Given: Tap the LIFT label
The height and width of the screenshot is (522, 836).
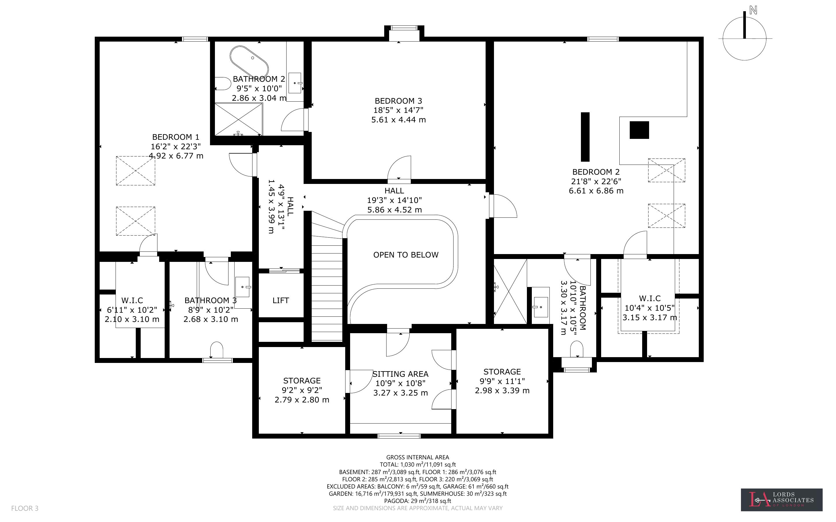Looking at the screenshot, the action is coord(280,300).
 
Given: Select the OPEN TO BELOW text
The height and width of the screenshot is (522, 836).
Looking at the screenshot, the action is coord(406,255).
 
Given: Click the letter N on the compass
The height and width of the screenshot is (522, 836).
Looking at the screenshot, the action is coord(753,10).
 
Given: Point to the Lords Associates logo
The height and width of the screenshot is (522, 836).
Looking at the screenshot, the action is coord(781,499).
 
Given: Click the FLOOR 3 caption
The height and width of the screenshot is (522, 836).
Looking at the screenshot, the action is coord(25,508).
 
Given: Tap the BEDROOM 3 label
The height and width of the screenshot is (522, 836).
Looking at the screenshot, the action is coord(398,101).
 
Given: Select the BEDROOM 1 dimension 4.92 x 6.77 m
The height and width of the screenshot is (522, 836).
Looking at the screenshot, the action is coord(176,156).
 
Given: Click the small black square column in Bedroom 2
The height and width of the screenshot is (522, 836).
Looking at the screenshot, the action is coord(639,130).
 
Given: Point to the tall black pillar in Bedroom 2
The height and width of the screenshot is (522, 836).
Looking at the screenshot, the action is coord(585,137).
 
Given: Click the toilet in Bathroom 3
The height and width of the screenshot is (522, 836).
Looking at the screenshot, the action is coord(216,350).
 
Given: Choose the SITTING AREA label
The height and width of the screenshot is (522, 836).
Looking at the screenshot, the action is coord(401,374).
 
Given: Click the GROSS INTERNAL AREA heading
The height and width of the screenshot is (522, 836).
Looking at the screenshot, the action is coord(417,457).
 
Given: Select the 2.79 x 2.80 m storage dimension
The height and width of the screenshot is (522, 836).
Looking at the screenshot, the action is coord(302,400).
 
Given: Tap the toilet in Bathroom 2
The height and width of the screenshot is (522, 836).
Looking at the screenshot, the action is coord(223,83).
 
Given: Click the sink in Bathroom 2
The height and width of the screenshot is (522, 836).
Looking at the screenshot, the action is coord(295,83).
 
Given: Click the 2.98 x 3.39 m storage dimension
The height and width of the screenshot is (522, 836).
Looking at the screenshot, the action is coord(502,390).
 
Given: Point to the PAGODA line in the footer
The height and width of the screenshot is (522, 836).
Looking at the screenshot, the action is coord(417,501).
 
